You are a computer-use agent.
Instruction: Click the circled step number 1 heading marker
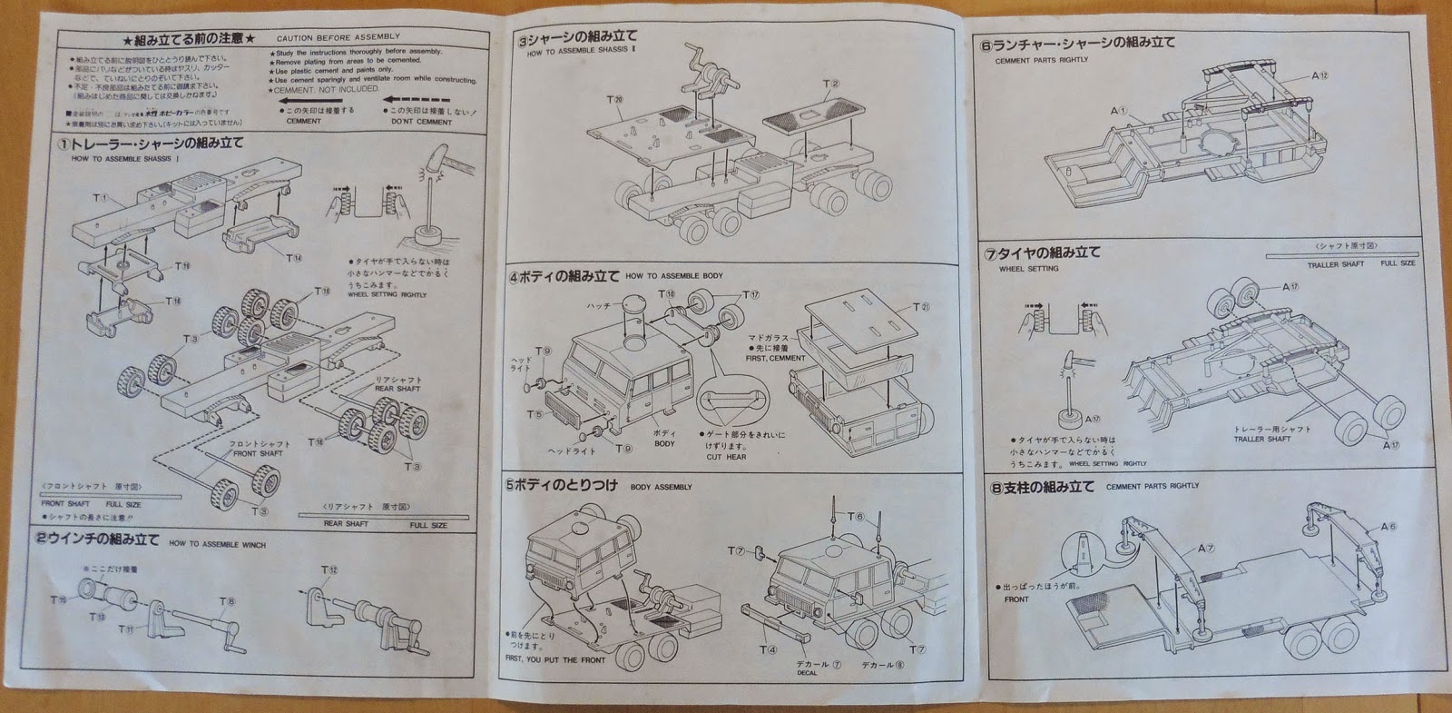pyautogui.click(x=64, y=144)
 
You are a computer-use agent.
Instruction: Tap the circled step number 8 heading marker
pyautogui.click(x=996, y=488)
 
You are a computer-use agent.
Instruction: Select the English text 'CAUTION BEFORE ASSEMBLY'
pyautogui.click(x=338, y=37)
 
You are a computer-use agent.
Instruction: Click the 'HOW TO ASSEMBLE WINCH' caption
pyautogui.click(x=216, y=544)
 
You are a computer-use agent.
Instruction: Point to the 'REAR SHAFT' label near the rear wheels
pyautogui.click(x=397, y=389)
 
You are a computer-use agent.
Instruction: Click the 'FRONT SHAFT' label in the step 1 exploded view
pyautogui.click(x=257, y=453)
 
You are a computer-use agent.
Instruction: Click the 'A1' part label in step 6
pyautogui.click(x=1118, y=111)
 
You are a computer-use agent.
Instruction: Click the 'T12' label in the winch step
pyautogui.click(x=329, y=569)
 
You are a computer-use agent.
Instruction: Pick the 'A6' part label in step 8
pyautogui.click(x=1388, y=527)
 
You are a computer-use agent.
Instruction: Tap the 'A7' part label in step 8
pyautogui.click(x=1205, y=549)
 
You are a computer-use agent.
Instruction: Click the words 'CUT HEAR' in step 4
pyautogui.click(x=727, y=457)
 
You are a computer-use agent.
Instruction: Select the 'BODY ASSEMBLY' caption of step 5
pyautogui.click(x=661, y=487)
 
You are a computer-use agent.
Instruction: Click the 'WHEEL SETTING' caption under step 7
pyautogui.click(x=1028, y=269)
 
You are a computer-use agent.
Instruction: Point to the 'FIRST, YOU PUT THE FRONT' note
pyautogui.click(x=555, y=659)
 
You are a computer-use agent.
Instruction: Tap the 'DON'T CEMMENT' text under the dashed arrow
pyautogui.click(x=421, y=122)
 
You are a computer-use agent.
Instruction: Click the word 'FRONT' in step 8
pyautogui.click(x=1016, y=599)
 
